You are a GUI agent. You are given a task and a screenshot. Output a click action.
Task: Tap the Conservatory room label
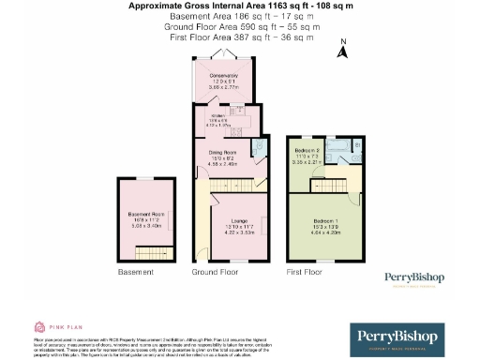[222, 78]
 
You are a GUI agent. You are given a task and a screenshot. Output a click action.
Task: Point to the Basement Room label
[146, 215]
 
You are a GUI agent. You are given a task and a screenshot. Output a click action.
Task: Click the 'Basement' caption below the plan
[135, 272]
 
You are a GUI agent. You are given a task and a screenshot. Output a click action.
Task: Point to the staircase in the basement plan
[151, 252]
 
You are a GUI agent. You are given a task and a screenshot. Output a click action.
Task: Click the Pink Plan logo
[54, 327]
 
